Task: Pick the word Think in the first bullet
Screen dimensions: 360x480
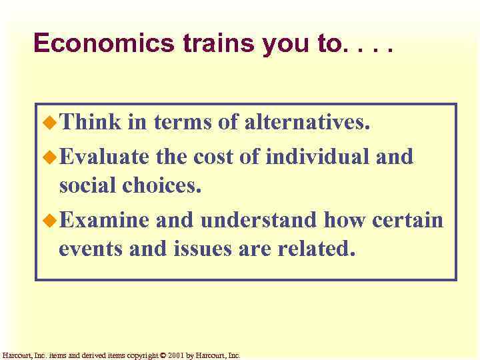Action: (90, 122)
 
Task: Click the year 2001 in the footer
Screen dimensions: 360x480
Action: (176, 356)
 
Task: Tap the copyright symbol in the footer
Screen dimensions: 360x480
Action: (163, 356)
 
